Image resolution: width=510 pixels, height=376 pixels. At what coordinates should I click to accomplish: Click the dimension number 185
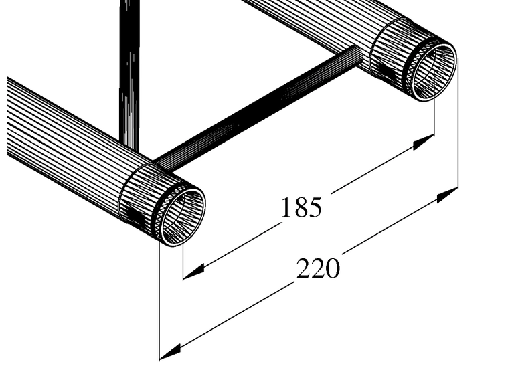point(301,208)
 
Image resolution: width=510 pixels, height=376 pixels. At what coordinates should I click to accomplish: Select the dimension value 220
point(318,268)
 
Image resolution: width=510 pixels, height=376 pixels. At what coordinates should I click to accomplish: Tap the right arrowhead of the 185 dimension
point(424,141)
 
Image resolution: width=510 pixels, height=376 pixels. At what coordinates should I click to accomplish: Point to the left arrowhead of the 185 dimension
point(193,272)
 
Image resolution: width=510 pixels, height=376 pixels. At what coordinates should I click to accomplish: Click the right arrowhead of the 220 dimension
point(448,194)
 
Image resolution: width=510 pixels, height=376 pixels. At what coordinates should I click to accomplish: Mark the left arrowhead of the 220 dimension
point(171,350)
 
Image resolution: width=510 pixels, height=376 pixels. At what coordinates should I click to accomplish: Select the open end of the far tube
point(433,70)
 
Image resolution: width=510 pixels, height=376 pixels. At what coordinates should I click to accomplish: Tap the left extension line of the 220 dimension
point(159,301)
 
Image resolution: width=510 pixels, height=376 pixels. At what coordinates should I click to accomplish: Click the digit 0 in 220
point(333,268)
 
